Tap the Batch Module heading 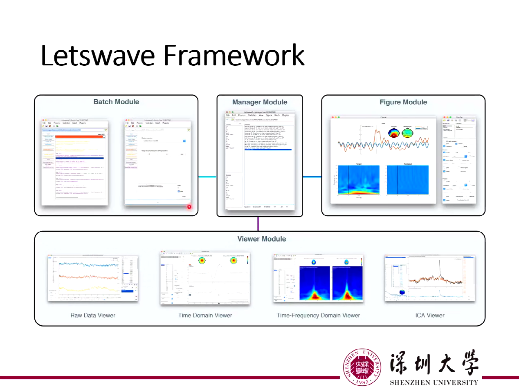click(x=116, y=102)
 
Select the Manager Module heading click(x=260, y=102)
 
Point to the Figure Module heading click(x=403, y=102)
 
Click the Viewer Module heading click(x=262, y=239)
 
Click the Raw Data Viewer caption click(x=93, y=315)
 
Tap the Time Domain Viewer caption click(x=205, y=315)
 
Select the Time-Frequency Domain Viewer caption click(x=319, y=315)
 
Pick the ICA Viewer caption click(x=430, y=315)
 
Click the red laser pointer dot click(x=189, y=207)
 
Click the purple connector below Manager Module click(x=258, y=224)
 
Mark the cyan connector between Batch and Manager click(x=207, y=177)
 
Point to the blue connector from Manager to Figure click(x=312, y=177)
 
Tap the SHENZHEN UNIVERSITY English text click(x=434, y=383)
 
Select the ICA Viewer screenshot click(x=430, y=278)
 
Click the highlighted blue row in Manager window click(x=268, y=150)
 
